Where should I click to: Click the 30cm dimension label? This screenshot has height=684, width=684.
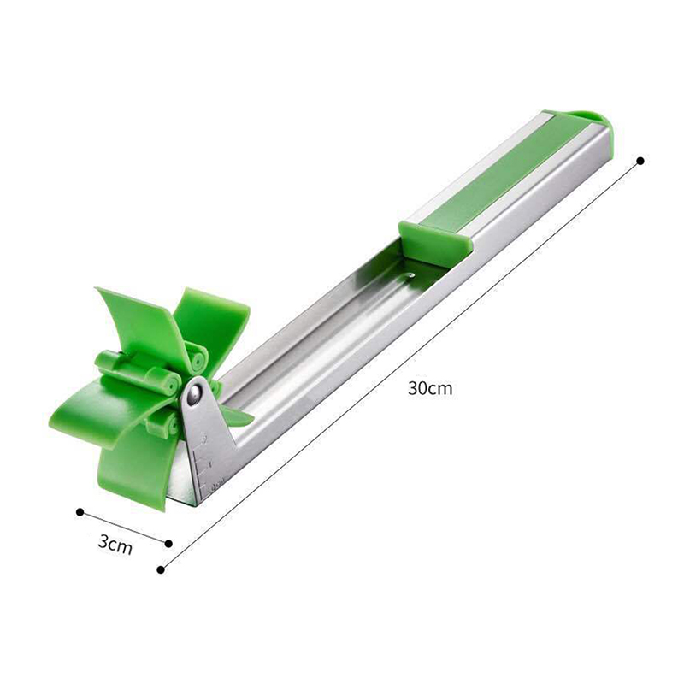click(430, 388)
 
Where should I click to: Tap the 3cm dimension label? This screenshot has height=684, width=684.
click(115, 544)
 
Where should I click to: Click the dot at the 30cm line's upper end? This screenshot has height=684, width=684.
click(640, 161)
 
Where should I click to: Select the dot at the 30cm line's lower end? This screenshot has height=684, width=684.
click(161, 569)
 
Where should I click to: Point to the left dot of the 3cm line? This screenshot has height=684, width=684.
click(80, 512)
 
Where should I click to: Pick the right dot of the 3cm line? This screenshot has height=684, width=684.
click(168, 544)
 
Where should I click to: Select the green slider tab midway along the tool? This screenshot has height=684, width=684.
click(434, 241)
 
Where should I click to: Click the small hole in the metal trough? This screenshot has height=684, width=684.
click(410, 275)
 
